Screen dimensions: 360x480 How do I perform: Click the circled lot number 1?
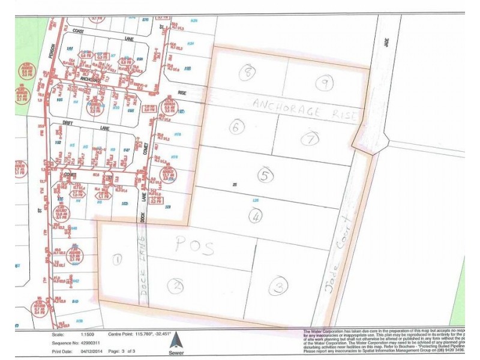[x=117, y=259]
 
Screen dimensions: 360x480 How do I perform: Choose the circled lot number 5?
[x=264, y=176]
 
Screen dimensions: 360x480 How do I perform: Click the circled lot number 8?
[x=247, y=73]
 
